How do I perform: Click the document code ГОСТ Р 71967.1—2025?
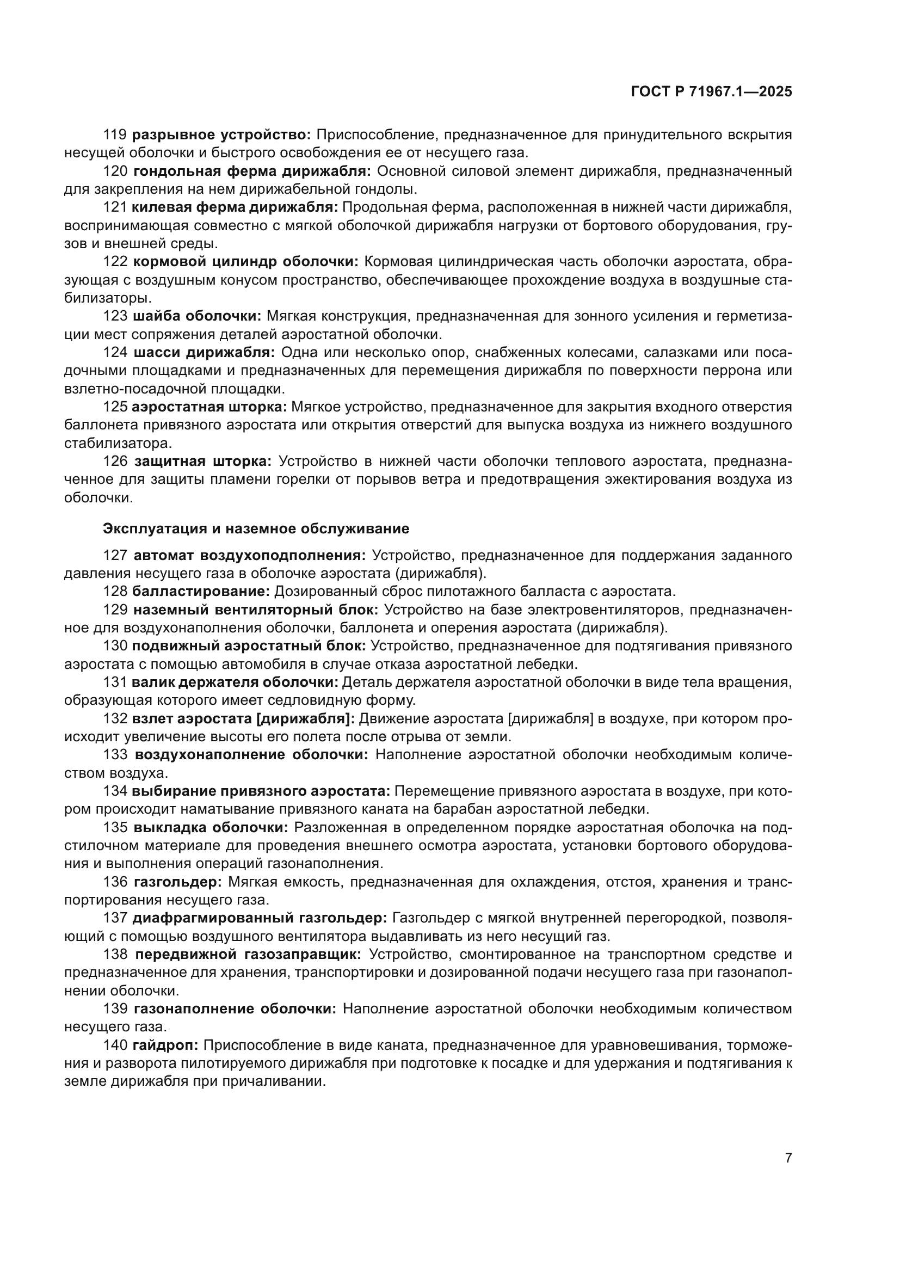click(711, 92)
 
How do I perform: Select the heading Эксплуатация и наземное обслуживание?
click(256, 528)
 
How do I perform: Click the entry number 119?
click(115, 135)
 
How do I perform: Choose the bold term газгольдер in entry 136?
click(178, 882)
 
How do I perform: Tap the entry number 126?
click(115, 462)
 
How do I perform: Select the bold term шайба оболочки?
click(197, 316)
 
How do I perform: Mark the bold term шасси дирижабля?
click(204, 353)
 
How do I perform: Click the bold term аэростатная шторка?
click(209, 407)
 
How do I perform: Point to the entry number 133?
click(115, 754)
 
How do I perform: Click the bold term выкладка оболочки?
click(211, 827)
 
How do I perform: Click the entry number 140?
click(115, 1046)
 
